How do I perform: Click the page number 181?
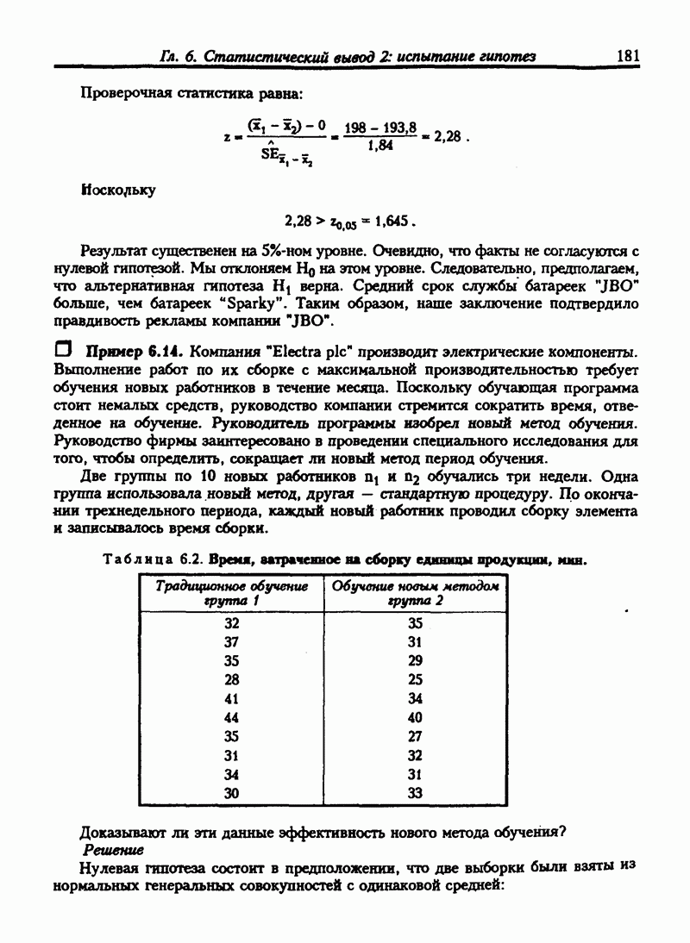click(x=628, y=56)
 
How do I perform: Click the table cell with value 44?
click(x=230, y=716)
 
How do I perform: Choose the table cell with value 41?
click(x=230, y=697)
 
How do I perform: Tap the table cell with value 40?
click(x=415, y=716)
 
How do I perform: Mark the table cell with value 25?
click(x=415, y=678)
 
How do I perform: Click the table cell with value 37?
click(x=230, y=641)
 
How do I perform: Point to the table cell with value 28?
click(x=230, y=678)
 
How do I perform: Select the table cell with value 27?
click(x=415, y=736)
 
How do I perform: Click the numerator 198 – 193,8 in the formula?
click(x=380, y=128)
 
